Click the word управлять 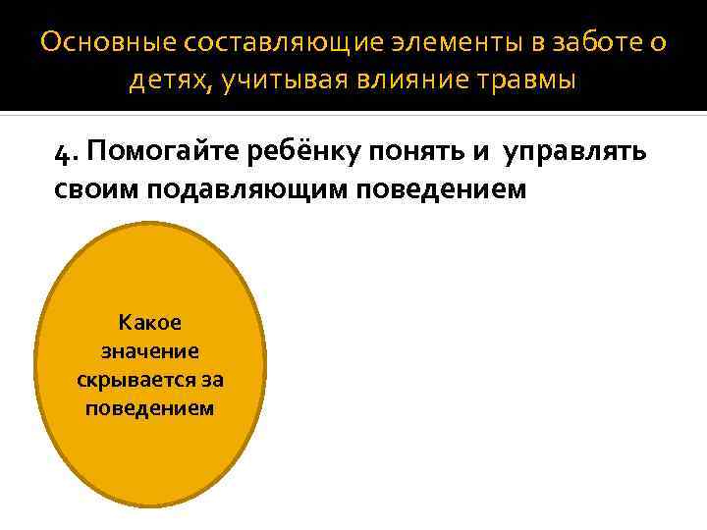coord(573,153)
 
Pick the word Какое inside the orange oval coord(149,322)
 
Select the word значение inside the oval coord(149,350)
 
